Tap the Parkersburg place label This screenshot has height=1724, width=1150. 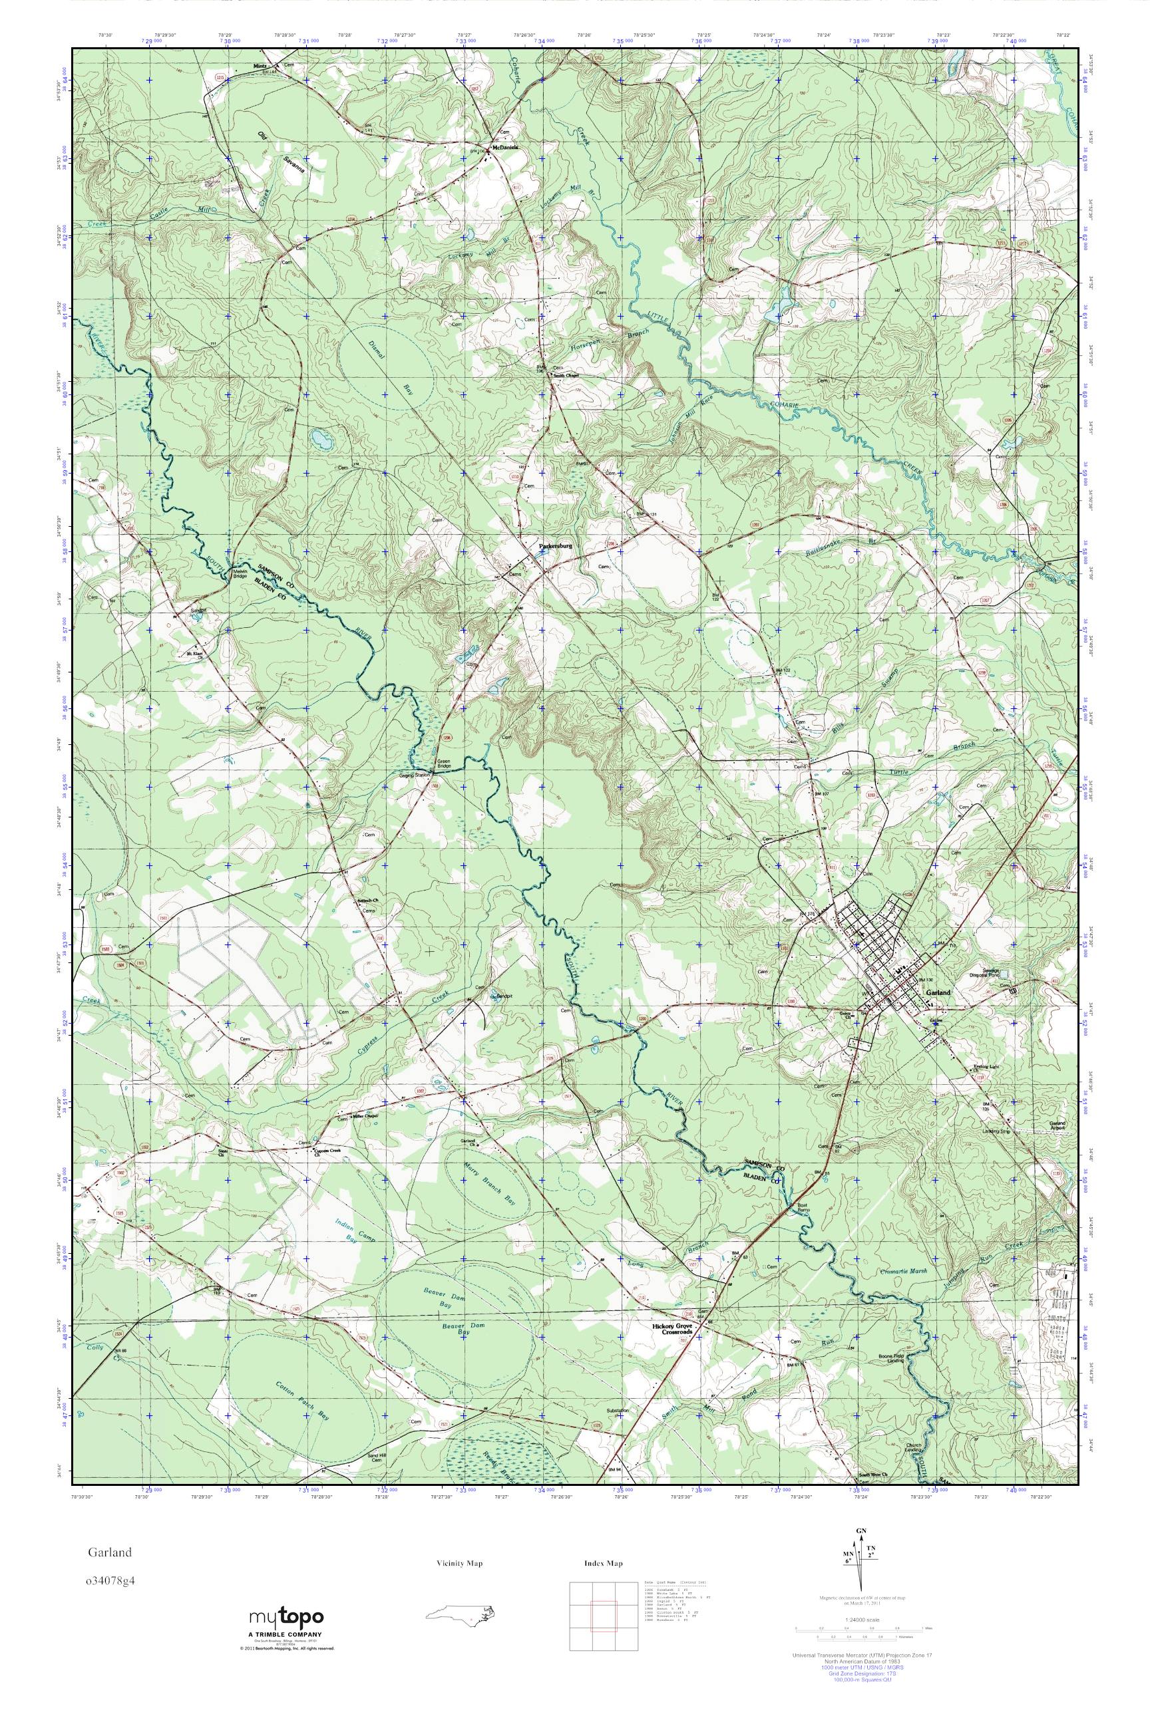[554, 546]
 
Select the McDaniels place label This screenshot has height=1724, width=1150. [504, 146]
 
